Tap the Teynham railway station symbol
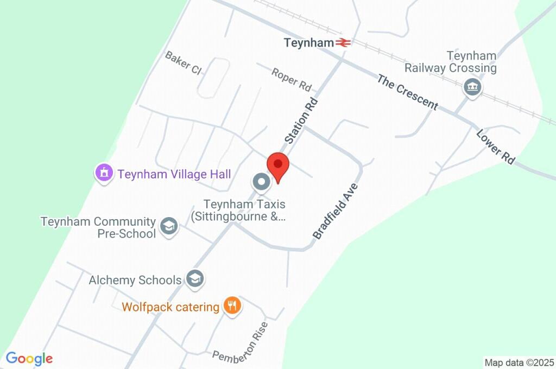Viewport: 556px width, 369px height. tap(343, 42)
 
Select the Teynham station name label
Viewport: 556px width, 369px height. tap(308, 42)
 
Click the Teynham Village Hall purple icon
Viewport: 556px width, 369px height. tap(103, 174)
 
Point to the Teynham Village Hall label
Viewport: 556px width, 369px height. tap(174, 174)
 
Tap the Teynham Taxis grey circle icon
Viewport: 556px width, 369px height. tap(261, 182)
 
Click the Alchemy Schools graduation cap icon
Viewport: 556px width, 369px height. tap(194, 279)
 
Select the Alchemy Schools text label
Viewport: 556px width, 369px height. tap(135, 280)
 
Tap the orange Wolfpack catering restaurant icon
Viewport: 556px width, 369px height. tap(232, 306)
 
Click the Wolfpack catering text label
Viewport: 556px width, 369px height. tap(170, 307)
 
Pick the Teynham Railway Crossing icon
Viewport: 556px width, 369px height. tap(472, 87)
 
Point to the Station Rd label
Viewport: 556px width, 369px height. tap(301, 120)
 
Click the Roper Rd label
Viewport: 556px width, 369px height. tap(292, 79)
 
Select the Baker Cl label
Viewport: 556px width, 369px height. tap(183, 63)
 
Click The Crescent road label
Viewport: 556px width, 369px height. tap(407, 92)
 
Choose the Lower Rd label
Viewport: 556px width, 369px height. tap(495, 147)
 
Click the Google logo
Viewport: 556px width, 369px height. tap(29, 358)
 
